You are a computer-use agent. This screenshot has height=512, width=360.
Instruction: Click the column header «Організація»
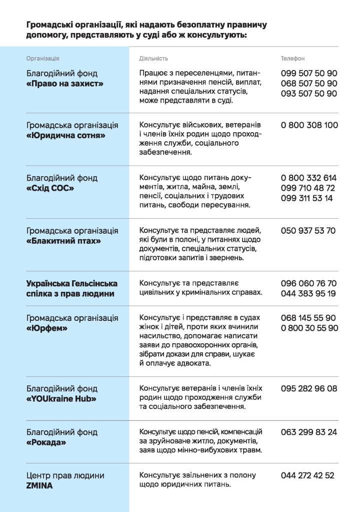(x=42, y=59)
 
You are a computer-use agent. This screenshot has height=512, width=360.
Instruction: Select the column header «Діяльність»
(x=153, y=59)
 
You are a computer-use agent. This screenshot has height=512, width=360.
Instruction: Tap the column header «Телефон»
(x=292, y=59)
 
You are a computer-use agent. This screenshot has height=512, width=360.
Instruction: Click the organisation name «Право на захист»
(x=64, y=84)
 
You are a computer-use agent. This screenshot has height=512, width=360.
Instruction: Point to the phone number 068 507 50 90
(x=309, y=83)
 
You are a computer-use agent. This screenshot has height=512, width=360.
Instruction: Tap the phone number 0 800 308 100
(x=309, y=125)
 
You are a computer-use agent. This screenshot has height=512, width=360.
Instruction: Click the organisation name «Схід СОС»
(x=50, y=188)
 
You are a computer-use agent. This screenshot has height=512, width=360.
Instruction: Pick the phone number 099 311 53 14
(x=307, y=198)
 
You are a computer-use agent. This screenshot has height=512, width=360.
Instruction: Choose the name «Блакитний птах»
(x=63, y=241)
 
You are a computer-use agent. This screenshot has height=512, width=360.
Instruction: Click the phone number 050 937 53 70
(x=308, y=231)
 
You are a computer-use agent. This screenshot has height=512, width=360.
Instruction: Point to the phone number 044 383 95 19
(x=308, y=293)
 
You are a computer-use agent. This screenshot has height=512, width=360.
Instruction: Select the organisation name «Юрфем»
(x=46, y=328)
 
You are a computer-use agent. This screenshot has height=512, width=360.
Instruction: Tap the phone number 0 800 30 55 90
(x=309, y=328)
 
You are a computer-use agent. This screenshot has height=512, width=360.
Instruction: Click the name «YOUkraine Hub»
(x=61, y=398)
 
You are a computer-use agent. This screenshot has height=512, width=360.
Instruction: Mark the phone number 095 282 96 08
(x=309, y=388)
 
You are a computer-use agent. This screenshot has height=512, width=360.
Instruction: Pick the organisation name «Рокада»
(x=46, y=442)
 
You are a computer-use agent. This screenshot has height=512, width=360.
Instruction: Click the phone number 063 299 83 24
(x=309, y=432)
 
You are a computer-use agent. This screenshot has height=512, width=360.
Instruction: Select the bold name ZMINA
(x=40, y=485)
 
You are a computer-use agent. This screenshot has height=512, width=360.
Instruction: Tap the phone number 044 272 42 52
(x=307, y=475)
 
